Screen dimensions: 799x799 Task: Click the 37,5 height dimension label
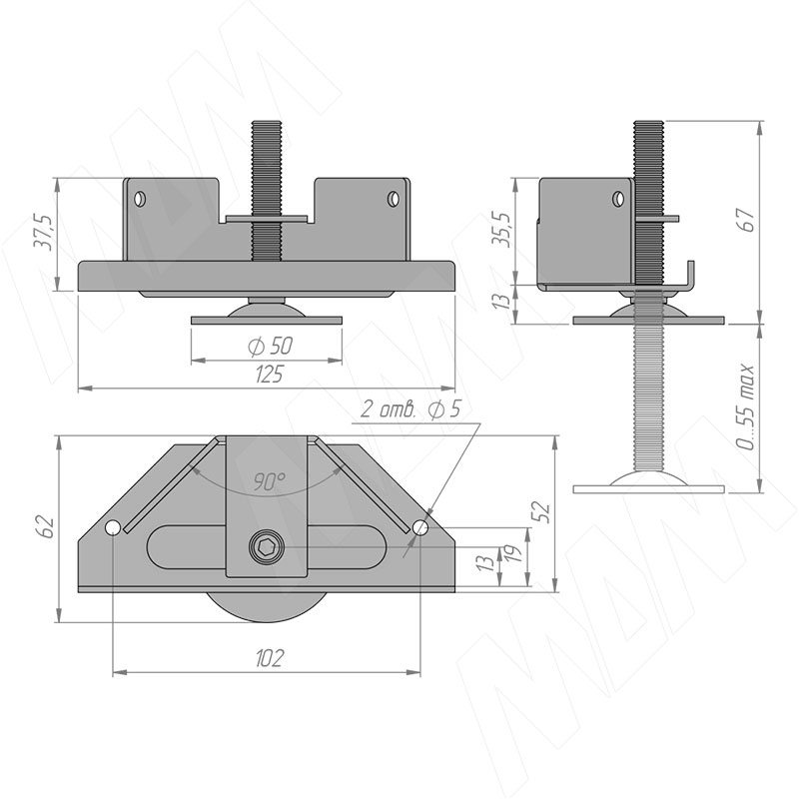43,232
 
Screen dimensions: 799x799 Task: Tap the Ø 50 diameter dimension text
270,347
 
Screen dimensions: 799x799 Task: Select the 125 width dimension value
269,375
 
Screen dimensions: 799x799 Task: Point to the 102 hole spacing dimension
269,658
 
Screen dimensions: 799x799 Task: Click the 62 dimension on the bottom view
46,526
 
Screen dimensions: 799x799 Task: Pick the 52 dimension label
541,512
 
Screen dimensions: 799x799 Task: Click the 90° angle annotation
270,481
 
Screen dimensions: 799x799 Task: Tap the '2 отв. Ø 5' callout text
410,409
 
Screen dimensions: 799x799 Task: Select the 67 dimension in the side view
747,220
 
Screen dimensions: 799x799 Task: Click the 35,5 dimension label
503,229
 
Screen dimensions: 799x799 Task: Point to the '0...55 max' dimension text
747,407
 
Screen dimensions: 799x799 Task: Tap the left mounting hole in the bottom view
113,528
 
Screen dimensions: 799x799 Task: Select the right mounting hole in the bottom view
420,527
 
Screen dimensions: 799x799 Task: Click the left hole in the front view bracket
140,198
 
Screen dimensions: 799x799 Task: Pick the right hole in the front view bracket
393,198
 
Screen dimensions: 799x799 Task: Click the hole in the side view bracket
618,198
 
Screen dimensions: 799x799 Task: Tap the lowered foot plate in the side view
648,489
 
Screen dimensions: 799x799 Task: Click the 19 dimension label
516,554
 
